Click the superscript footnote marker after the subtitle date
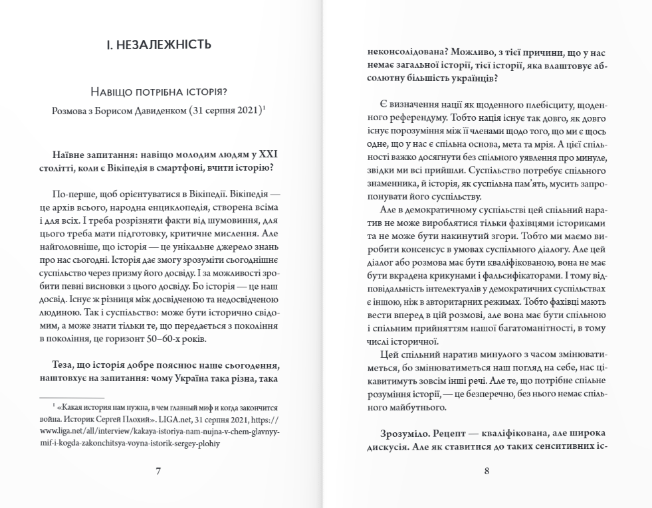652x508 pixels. pos(265,106)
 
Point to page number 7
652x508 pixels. pos(158,471)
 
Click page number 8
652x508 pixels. pos(487,471)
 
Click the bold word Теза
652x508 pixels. pos(65,367)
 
